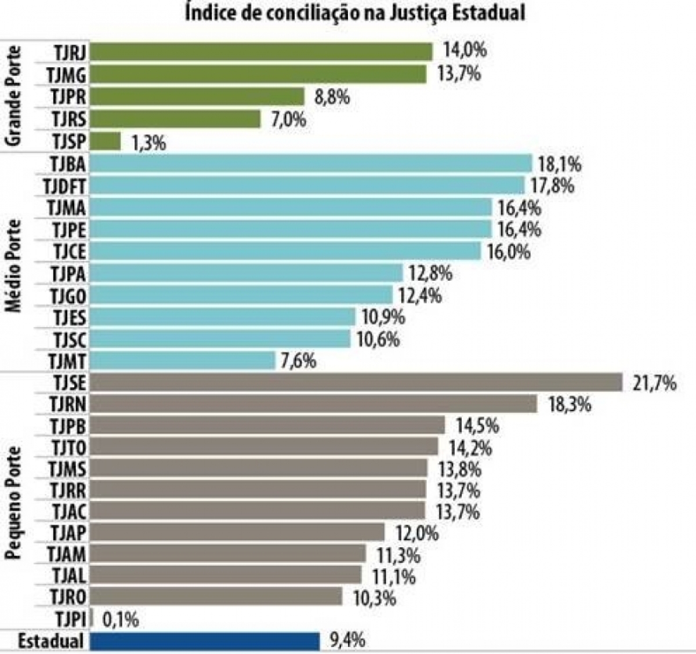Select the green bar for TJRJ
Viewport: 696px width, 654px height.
tap(262, 52)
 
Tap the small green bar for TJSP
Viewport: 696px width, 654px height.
tap(106, 141)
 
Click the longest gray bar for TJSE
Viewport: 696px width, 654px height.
tap(356, 383)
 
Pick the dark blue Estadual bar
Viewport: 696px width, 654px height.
tap(205, 641)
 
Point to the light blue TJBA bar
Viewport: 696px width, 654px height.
tap(311, 163)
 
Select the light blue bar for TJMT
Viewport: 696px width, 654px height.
tap(183, 361)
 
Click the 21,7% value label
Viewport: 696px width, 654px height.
tap(654, 383)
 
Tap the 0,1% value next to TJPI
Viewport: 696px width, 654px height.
tap(121, 620)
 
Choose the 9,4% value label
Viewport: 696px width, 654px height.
tap(347, 640)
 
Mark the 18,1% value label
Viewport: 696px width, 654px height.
tap(559, 164)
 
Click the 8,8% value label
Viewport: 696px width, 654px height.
tap(332, 96)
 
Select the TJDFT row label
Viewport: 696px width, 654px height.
tap(64, 186)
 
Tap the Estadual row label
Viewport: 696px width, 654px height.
tap(51, 641)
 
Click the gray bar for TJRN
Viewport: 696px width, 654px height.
tap(314, 404)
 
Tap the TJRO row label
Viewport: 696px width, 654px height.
tap(68, 597)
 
